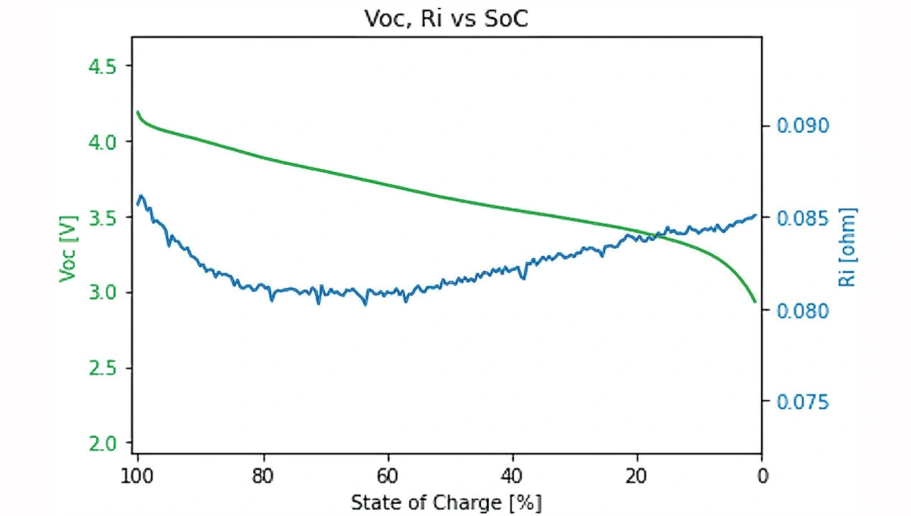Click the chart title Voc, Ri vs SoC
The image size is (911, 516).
click(446, 19)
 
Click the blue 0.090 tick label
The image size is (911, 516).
click(802, 126)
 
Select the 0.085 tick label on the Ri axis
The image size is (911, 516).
click(802, 217)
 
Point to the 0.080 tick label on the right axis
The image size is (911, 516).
click(802, 310)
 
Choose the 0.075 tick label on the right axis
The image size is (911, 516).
click(802, 402)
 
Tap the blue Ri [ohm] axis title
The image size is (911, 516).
click(848, 247)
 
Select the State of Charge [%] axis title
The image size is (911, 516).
click(446, 503)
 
